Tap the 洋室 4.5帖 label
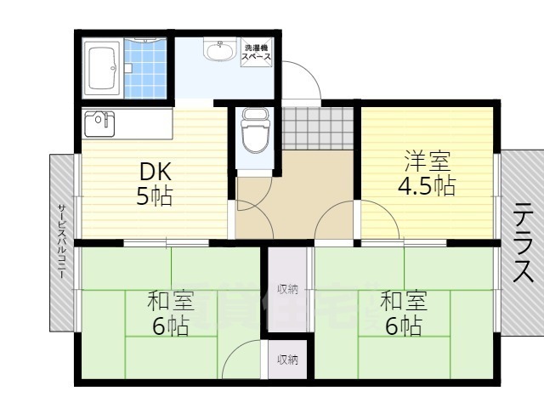(x=428, y=173)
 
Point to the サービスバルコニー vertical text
(x=62, y=242)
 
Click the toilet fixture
(x=253, y=132)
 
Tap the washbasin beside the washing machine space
(x=219, y=52)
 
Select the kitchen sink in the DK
(x=100, y=123)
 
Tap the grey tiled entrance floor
(x=315, y=127)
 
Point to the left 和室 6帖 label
(x=170, y=313)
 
